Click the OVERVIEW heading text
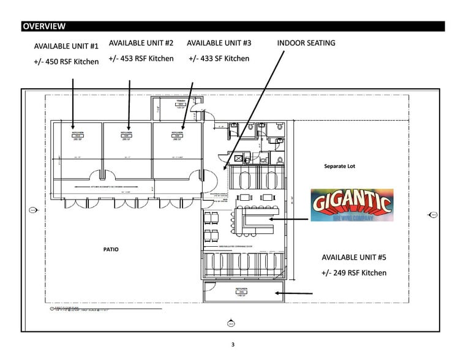pos(43,26)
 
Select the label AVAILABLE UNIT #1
pos(66,46)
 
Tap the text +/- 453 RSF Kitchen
pos(141,58)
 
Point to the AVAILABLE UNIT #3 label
pos(219,43)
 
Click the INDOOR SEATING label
pos(306,43)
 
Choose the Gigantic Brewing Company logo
pos(351,204)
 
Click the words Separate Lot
pos(339,166)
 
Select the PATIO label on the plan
pos(111,249)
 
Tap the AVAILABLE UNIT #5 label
pos(355,257)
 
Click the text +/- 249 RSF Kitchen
pos(354,272)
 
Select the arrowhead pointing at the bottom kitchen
pos(277,293)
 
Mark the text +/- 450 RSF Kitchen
pos(66,61)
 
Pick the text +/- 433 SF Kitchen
pos(219,58)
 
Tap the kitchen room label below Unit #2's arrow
pos(129,135)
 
